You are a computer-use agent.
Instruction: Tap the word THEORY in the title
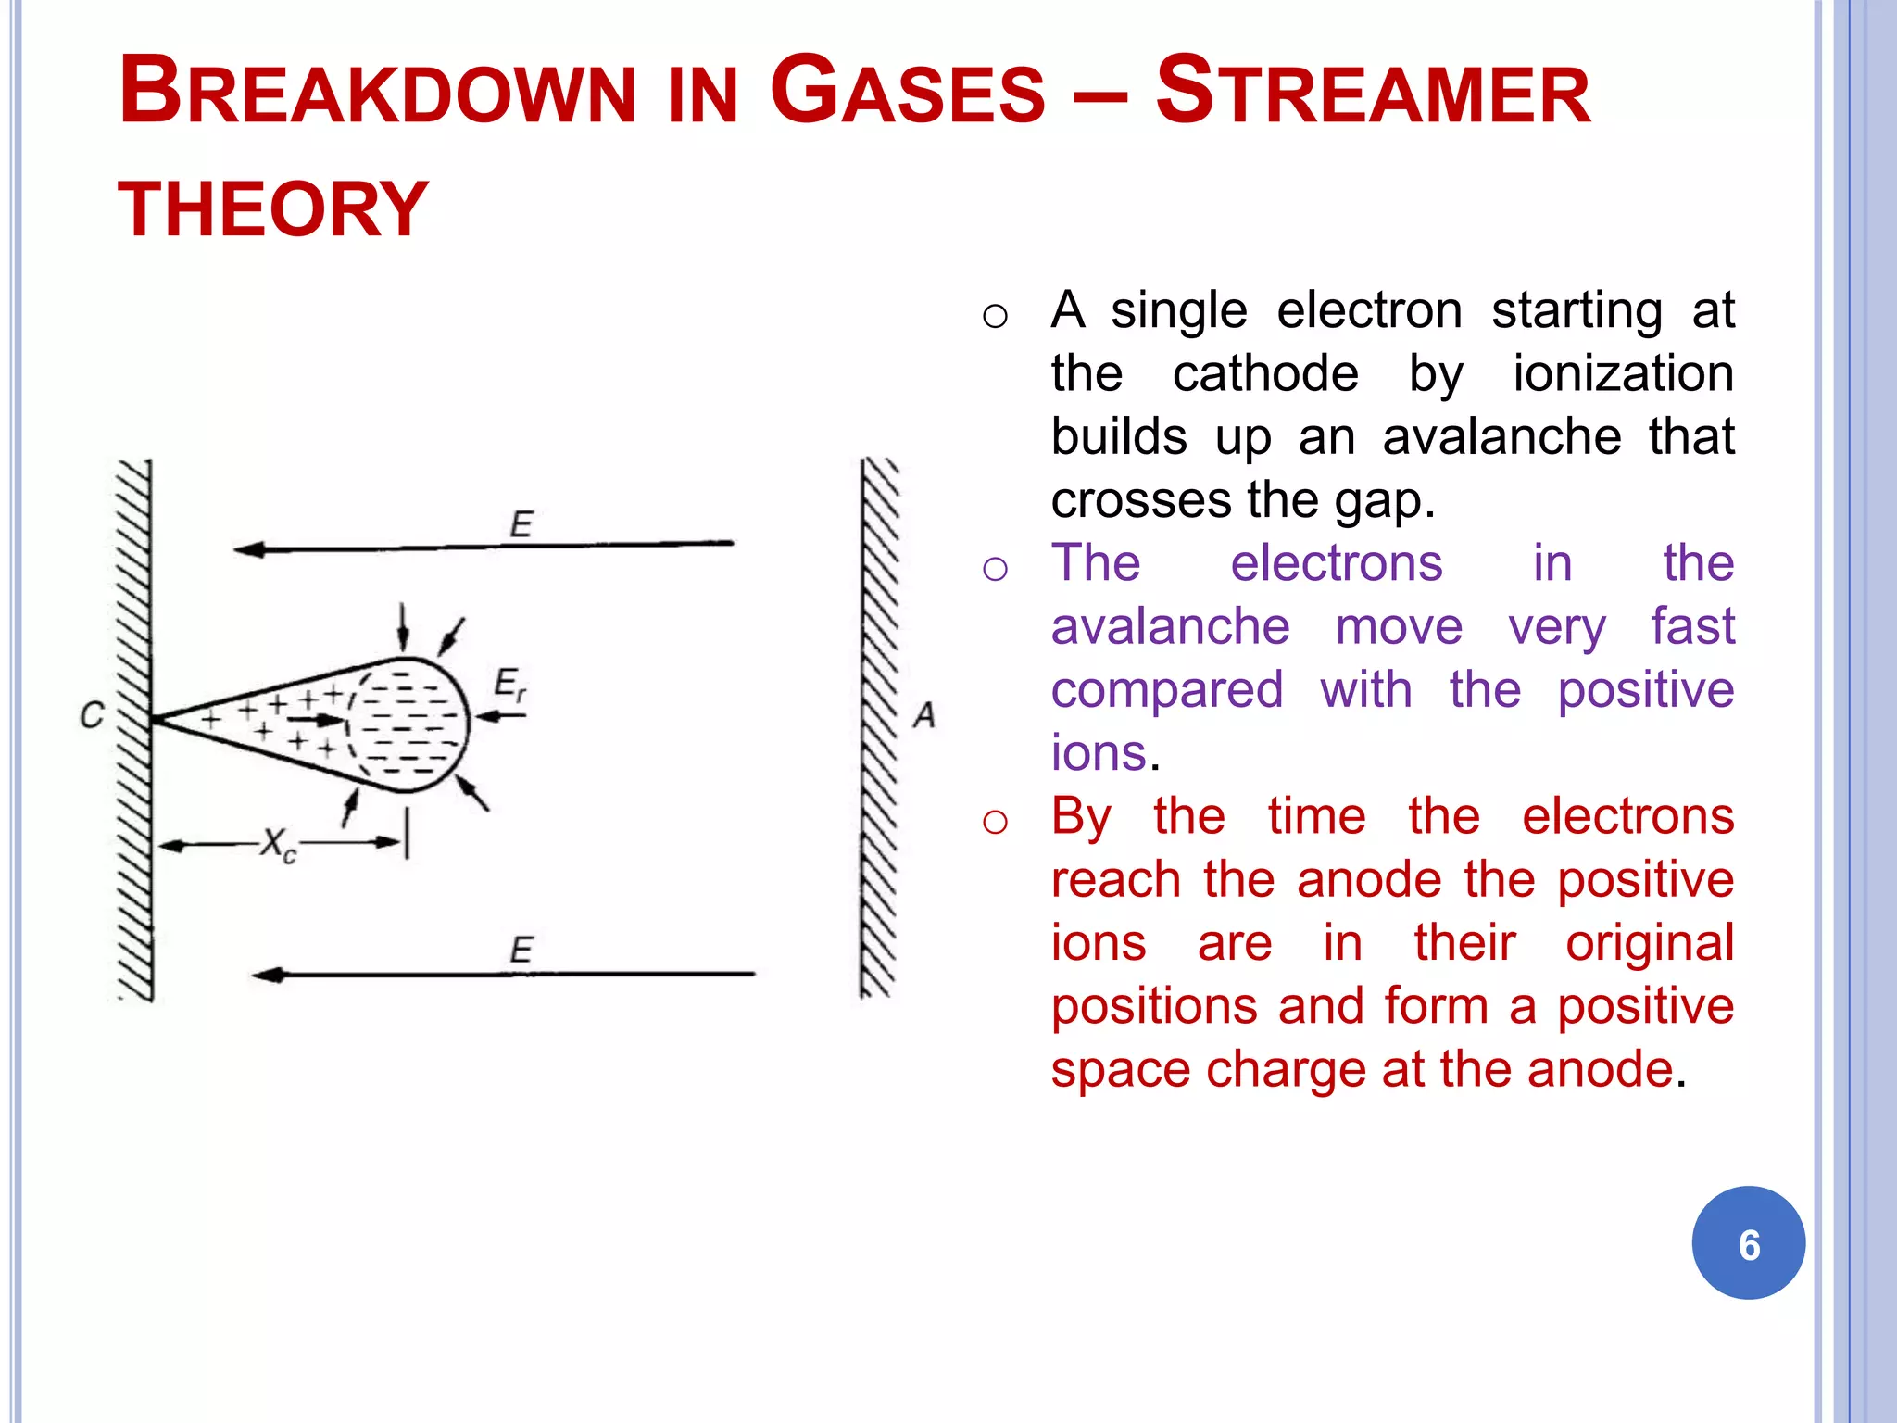273,209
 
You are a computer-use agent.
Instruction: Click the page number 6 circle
1748,1243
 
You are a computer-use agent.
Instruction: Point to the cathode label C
92,715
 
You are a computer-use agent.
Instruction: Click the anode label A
924,715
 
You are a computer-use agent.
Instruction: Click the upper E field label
521,524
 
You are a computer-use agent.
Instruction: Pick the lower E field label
521,950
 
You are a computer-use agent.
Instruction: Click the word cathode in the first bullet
1265,373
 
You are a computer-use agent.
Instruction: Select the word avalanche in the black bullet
1501,436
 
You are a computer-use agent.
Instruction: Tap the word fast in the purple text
1692,626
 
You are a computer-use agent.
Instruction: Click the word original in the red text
1650,943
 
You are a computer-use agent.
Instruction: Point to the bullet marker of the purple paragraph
995,568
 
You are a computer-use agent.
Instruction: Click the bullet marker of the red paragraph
995,821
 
